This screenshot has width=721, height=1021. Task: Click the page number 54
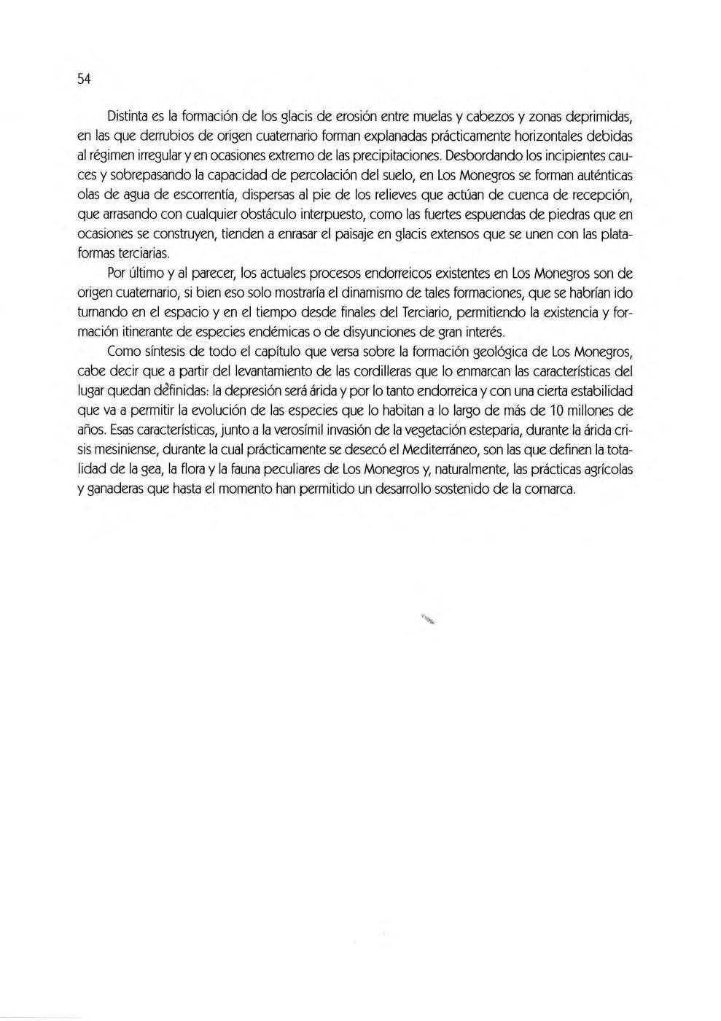pyautogui.click(x=83, y=79)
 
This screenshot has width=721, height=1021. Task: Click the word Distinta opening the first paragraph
pyautogui.click(x=129, y=117)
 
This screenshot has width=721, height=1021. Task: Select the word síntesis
pyautogui.click(x=163, y=353)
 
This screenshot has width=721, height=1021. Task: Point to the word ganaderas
pyautogui.click(x=112, y=491)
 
